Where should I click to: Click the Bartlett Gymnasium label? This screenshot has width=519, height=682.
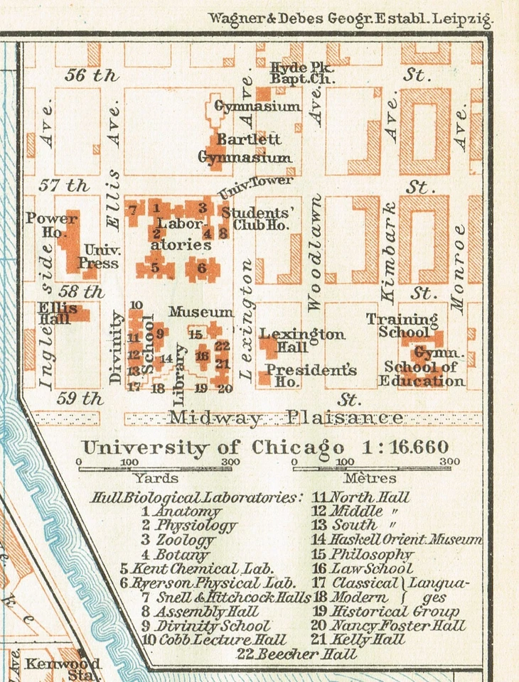pyautogui.click(x=244, y=148)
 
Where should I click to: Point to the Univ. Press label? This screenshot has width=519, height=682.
pyautogui.click(x=102, y=257)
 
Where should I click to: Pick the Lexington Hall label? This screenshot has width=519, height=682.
pyautogui.click(x=301, y=340)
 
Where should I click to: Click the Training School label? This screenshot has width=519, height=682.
pyautogui.click(x=402, y=325)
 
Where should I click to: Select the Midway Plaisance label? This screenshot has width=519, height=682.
pyautogui.click(x=286, y=418)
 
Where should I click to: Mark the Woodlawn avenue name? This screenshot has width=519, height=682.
pyautogui.click(x=315, y=252)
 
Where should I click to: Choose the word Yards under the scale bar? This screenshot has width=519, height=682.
pyautogui.click(x=155, y=478)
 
